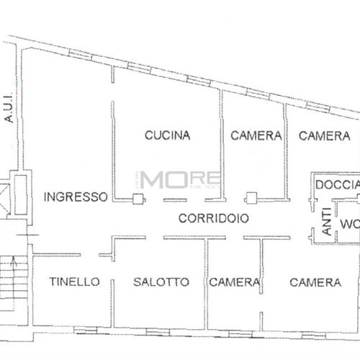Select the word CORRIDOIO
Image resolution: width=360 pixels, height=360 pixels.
(x=204, y=218)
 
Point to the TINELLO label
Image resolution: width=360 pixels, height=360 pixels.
(x=74, y=282)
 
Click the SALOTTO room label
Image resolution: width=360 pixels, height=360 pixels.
(x=161, y=282)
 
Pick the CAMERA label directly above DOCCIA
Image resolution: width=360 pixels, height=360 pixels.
(x=324, y=135)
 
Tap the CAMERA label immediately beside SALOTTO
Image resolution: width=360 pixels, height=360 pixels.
(x=234, y=282)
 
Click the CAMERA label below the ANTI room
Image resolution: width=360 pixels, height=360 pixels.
(x=315, y=282)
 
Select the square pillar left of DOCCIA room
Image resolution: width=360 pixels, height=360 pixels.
(x=251, y=197)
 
